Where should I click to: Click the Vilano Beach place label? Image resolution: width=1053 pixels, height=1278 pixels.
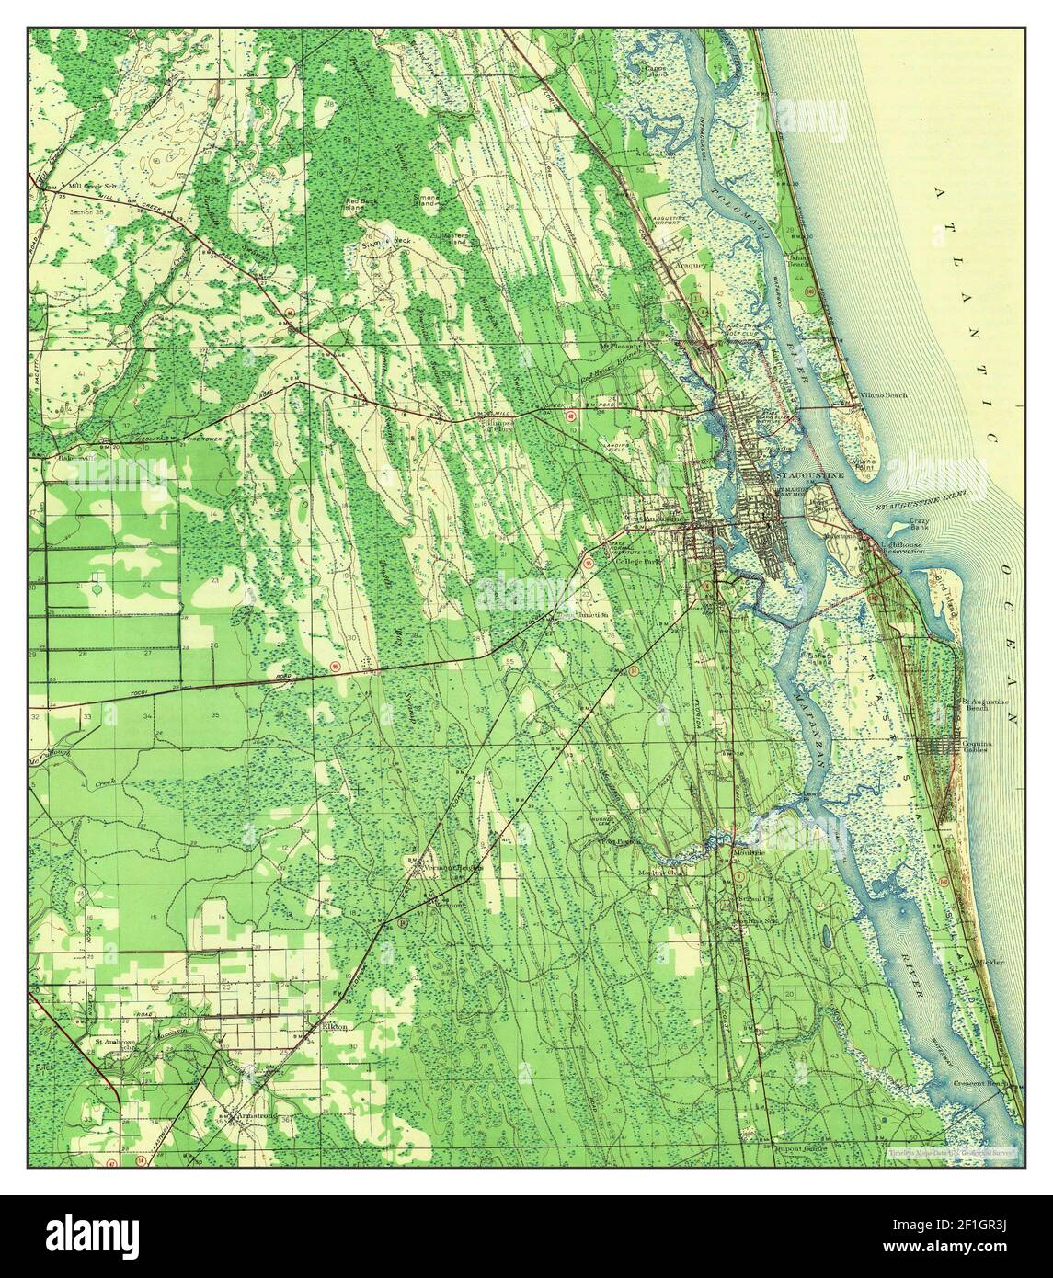click(x=886, y=394)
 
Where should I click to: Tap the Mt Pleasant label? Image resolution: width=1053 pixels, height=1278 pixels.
click(x=617, y=347)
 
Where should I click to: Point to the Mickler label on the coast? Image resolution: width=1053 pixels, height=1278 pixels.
click(x=991, y=962)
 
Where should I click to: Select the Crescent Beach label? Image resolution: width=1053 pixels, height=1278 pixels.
click(x=1000, y=1083)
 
